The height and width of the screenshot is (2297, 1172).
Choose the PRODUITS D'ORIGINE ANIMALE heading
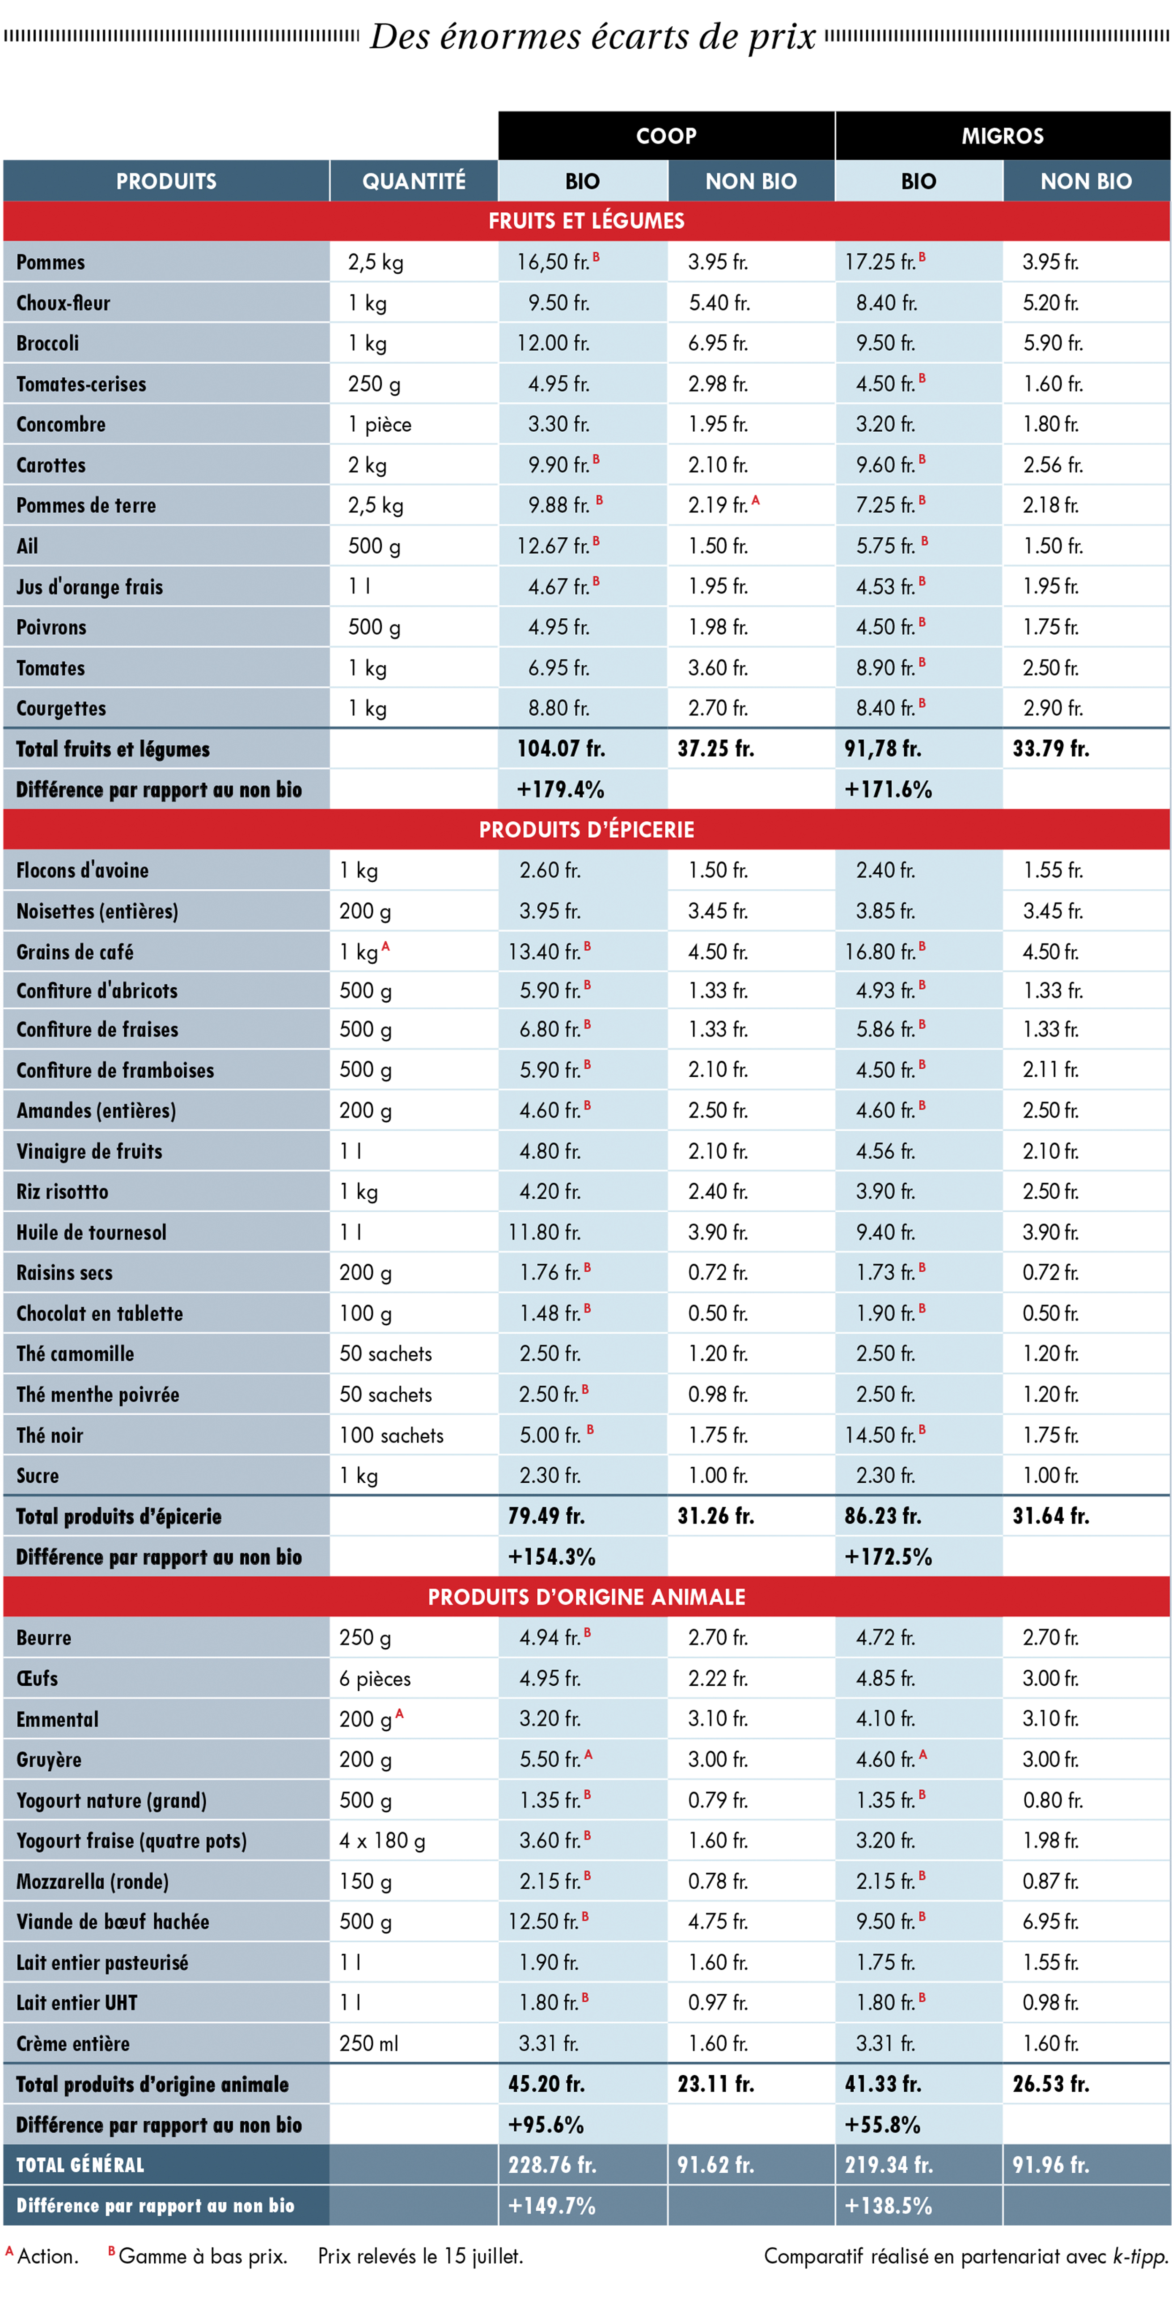point(586,1597)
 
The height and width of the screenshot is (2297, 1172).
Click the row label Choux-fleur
point(63,303)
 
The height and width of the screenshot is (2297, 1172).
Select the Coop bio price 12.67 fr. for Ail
point(553,546)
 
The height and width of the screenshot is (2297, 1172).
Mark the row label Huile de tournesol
point(91,1232)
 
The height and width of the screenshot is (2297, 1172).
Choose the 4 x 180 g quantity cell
point(382,1840)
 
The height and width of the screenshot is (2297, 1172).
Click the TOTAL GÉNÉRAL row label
point(80,2165)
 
